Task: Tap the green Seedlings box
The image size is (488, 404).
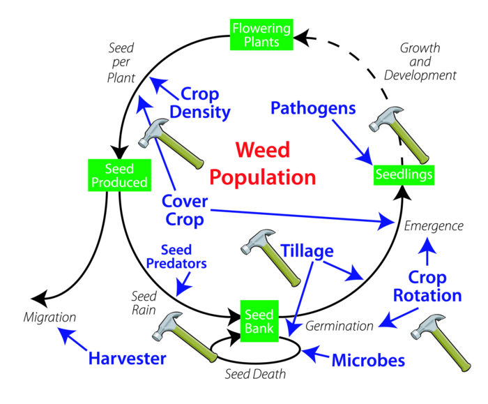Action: point(404,173)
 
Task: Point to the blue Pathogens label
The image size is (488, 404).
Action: point(314,108)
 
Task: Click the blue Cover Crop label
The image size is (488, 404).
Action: point(184,210)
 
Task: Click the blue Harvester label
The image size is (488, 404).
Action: point(128,359)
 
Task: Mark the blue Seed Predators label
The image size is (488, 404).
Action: point(185,257)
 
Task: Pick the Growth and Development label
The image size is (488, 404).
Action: point(428,61)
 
